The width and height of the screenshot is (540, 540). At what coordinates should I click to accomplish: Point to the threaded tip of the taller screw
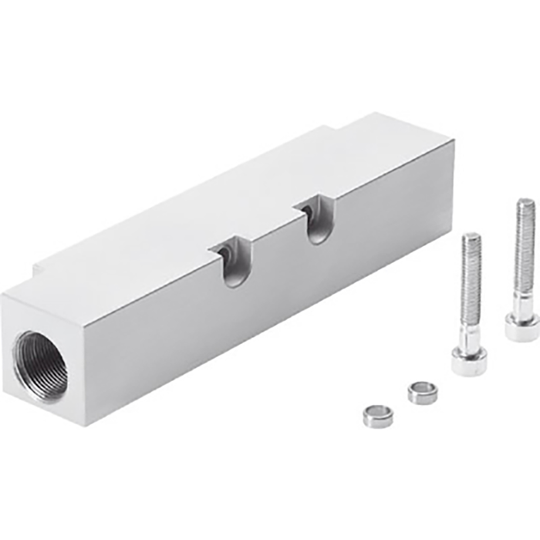(525, 206)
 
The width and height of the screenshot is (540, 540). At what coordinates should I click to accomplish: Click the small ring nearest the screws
(422, 391)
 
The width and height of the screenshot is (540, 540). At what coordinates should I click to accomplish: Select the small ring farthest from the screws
(378, 415)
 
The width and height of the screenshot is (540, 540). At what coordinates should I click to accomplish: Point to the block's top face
(231, 201)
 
